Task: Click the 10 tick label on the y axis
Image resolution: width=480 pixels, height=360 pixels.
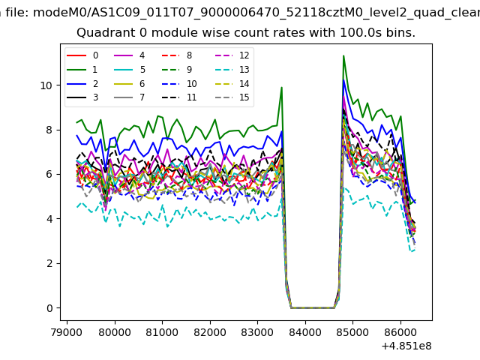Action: [x=46, y=85]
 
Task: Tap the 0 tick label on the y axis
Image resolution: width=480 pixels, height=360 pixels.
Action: [x=49, y=308]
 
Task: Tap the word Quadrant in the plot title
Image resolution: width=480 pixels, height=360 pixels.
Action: [x=102, y=33]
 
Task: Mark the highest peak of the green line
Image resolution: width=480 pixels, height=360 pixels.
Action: [x=343, y=56]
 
